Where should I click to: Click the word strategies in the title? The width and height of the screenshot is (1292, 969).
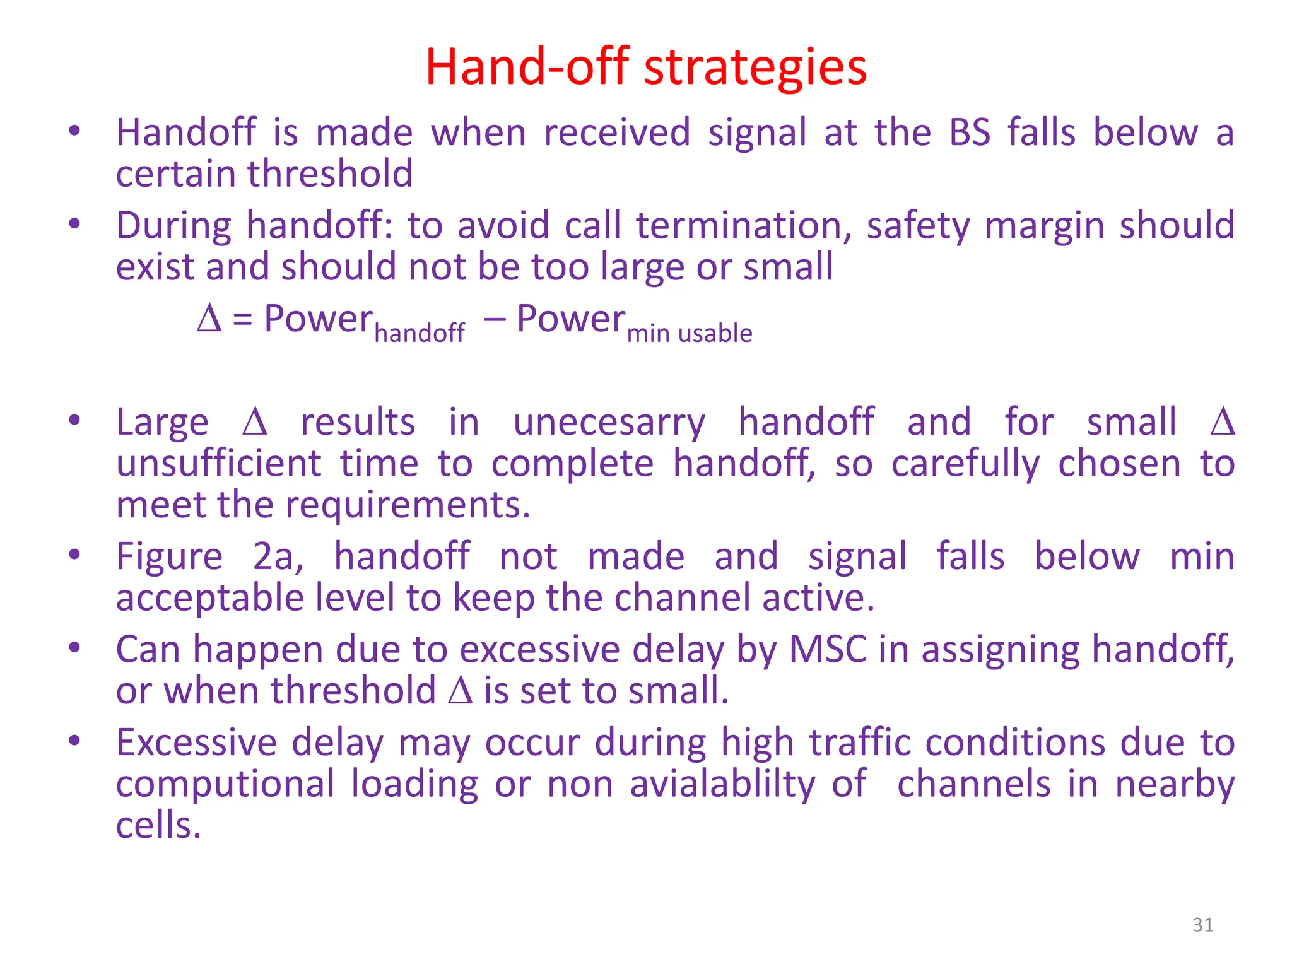(755, 68)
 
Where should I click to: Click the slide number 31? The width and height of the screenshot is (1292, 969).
(1203, 925)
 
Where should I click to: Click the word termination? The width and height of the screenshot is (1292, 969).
(743, 226)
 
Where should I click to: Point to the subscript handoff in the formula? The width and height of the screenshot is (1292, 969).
(419, 333)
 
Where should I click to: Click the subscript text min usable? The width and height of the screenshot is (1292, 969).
(689, 333)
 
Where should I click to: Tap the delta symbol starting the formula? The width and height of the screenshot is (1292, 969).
(209, 319)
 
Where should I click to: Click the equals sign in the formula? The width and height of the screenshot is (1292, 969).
(243, 320)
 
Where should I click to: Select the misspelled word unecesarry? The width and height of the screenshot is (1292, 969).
(609, 423)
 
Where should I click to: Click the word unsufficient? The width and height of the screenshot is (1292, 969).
(219, 464)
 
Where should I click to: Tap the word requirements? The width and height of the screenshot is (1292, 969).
(407, 506)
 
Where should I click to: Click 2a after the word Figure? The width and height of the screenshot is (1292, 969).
(278, 557)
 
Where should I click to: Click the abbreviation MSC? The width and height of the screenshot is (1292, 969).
(828, 650)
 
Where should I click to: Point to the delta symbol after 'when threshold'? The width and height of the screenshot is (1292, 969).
(460, 691)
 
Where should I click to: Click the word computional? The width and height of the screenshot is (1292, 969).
(225, 784)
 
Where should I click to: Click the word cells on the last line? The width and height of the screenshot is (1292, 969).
(158, 826)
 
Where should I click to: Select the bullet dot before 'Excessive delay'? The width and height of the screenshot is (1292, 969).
(74, 741)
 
